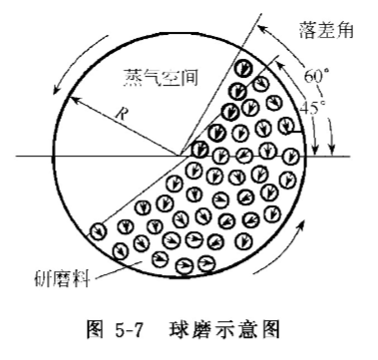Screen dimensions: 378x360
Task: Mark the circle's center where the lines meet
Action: coord(184,155)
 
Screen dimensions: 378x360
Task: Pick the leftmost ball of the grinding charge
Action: coord(98,231)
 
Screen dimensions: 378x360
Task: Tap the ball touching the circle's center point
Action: coord(200,150)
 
